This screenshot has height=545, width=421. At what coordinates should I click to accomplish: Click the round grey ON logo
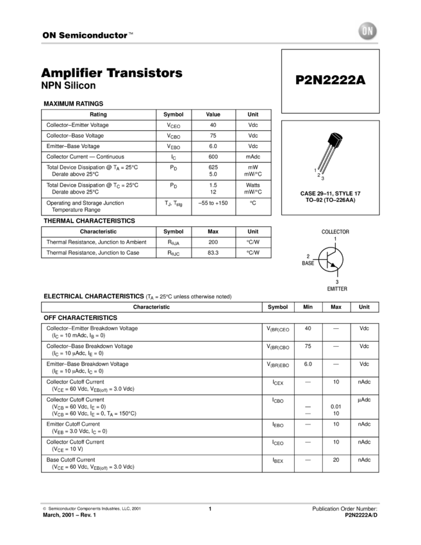[x=367, y=31]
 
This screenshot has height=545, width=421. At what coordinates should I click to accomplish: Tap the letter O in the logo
[x=364, y=31]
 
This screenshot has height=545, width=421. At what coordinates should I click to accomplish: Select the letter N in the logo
[x=371, y=31]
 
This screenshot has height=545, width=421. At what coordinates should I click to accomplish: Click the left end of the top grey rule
[x=40, y=43]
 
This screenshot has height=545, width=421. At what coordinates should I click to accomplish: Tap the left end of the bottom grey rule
[x=40, y=503]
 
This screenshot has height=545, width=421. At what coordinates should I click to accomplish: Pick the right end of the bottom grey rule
[x=381, y=503]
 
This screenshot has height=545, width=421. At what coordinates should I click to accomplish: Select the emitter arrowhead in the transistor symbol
[x=334, y=265]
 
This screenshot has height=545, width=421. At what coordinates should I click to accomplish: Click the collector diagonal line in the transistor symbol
[x=333, y=253]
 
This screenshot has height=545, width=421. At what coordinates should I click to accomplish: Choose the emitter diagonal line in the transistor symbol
[x=331, y=263]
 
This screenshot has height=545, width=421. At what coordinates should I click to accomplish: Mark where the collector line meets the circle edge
[x=336, y=249]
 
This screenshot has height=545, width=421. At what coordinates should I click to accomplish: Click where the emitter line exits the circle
[x=337, y=269]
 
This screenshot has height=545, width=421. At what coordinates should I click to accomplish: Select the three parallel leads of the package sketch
[x=326, y=159]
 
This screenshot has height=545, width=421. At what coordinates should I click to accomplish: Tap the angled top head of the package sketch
[x=337, y=137]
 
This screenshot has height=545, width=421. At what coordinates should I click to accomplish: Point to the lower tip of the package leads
[x=320, y=172]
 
